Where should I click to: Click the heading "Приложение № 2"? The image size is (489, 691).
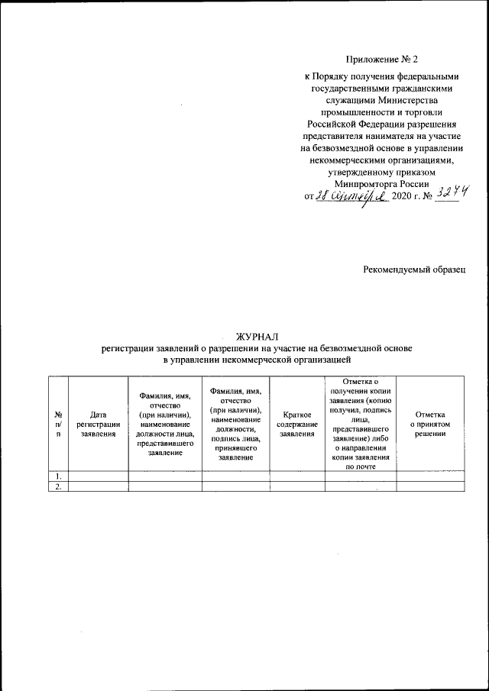[382, 58]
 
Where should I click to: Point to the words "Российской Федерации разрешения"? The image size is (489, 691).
[382, 122]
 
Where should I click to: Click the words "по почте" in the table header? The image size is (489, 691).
[361, 466]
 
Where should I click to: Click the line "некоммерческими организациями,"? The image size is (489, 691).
[382, 160]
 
